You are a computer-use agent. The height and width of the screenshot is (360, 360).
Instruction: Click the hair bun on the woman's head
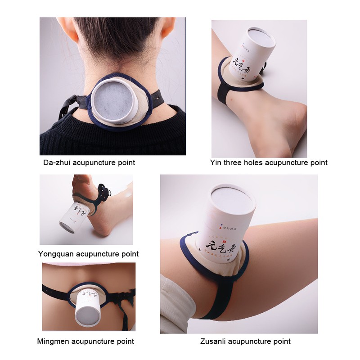tap(112, 36)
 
